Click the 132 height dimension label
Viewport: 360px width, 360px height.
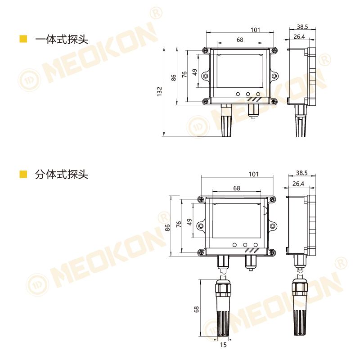[159, 91]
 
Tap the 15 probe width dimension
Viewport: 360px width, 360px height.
[223, 345]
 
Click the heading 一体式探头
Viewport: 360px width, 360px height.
[62, 39]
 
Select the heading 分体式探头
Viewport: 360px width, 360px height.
[62, 175]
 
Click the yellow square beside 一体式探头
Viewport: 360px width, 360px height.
[23, 39]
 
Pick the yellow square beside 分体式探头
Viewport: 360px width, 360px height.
[23, 174]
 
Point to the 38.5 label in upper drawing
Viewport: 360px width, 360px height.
[302, 27]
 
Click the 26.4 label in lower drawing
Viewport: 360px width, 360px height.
[298, 184]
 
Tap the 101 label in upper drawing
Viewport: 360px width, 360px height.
[255, 30]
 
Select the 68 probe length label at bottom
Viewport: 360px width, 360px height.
[196, 309]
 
